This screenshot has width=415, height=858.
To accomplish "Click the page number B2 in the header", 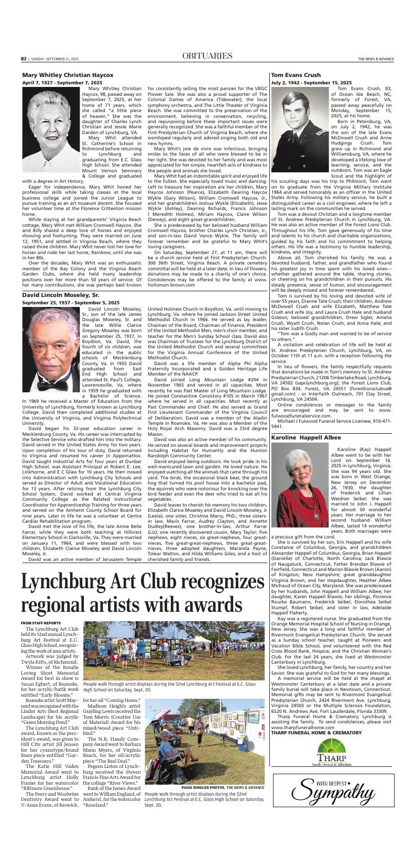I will click(24, 59).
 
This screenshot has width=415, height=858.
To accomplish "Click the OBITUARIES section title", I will click(208, 56).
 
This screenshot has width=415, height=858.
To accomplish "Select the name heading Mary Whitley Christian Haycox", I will click(68, 75).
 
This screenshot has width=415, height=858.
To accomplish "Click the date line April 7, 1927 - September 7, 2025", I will click(62, 83).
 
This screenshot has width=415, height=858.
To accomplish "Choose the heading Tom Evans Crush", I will click(296, 75).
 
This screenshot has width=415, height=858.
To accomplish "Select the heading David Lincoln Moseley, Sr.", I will click(61, 295).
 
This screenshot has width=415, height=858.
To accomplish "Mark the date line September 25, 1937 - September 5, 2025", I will click(70, 303).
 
